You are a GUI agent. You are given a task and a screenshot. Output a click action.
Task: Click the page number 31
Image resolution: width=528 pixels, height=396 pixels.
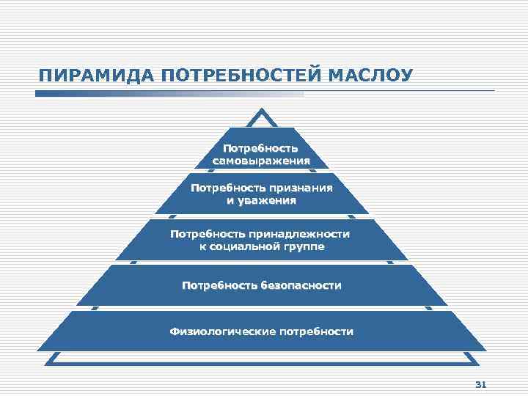482,384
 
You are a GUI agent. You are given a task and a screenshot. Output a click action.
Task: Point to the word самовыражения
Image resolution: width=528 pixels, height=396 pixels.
261,161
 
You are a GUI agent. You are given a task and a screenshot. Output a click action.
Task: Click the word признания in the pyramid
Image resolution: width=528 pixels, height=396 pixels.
301,188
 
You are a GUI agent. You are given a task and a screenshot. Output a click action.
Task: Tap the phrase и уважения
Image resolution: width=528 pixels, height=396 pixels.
261,200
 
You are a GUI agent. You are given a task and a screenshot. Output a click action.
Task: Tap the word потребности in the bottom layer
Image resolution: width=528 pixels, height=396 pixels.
315,331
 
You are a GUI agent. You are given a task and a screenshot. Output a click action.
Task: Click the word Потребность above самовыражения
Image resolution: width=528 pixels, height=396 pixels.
261,148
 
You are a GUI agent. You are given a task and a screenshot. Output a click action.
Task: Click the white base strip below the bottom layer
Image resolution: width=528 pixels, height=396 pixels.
262,358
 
